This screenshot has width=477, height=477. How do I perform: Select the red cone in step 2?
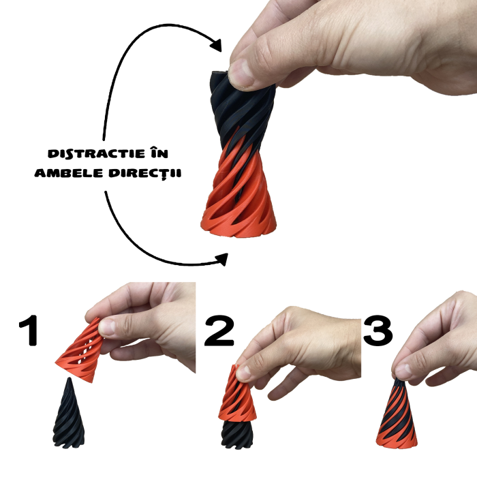(x=238, y=395)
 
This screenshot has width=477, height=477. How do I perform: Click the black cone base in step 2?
(x=238, y=431)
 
